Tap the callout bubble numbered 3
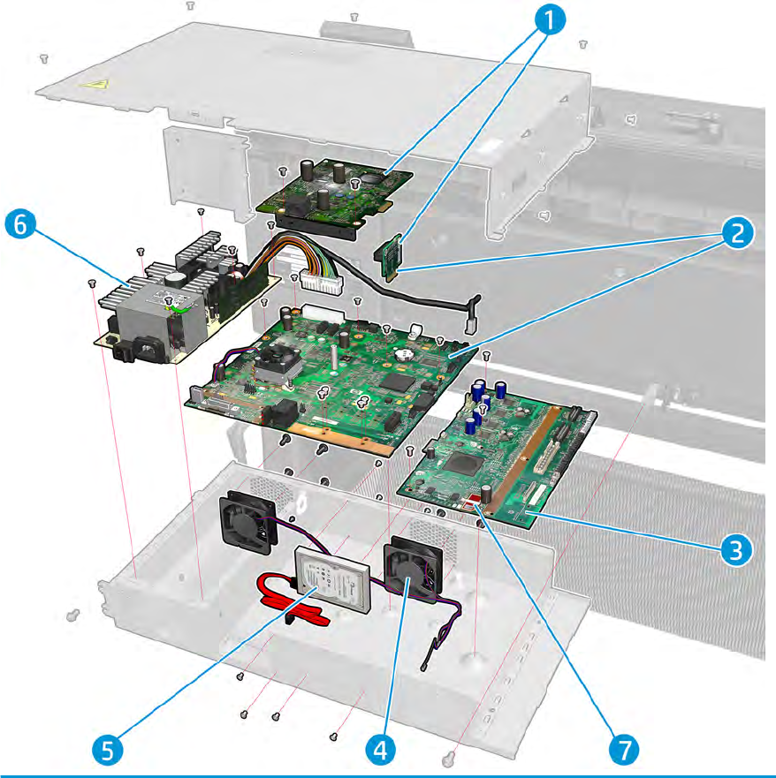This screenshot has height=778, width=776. (734, 548)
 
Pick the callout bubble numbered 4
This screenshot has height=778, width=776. (379, 750)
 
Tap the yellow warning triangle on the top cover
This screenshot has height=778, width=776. (92, 86)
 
